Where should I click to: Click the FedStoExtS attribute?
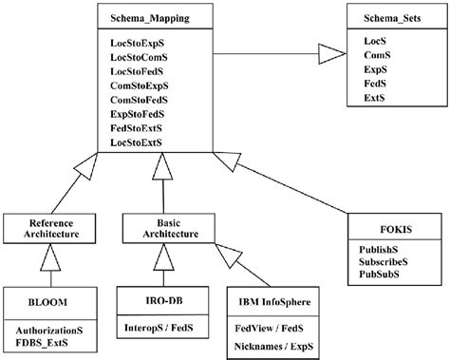pyautogui.click(x=139, y=127)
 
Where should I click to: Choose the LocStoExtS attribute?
pyautogui.click(x=139, y=142)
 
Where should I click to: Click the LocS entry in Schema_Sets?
pyautogui.click(x=375, y=43)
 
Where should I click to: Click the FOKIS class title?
pyautogui.click(x=394, y=229)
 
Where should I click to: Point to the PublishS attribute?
pyautogui.click(x=384, y=251)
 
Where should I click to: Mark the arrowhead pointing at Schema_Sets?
pyautogui.click(x=333, y=52)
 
